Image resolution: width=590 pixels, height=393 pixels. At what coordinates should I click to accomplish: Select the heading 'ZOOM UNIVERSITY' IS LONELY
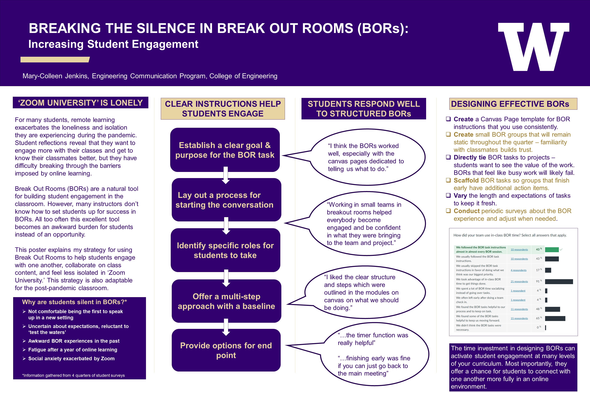pyautogui.click(x=81, y=103)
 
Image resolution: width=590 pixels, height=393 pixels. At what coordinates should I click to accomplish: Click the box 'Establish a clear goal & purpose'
pyautogui.click(x=225, y=150)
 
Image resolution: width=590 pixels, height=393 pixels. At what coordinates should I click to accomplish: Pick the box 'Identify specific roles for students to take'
pyautogui.click(x=225, y=250)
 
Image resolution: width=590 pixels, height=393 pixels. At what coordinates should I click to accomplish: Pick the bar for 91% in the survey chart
pyautogui.click(x=559, y=281)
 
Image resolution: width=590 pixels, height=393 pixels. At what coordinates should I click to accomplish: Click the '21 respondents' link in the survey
pyautogui.click(x=519, y=281)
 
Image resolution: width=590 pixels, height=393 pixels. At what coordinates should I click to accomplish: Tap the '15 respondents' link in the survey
pyautogui.click(x=519, y=318)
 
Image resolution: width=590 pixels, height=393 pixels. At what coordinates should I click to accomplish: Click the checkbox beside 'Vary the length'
pyautogui.click(x=448, y=195)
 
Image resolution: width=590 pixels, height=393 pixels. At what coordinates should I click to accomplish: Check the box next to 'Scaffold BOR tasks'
pyautogui.click(x=448, y=180)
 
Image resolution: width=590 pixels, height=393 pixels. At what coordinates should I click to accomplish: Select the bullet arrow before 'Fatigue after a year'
pyautogui.click(x=24, y=350)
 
